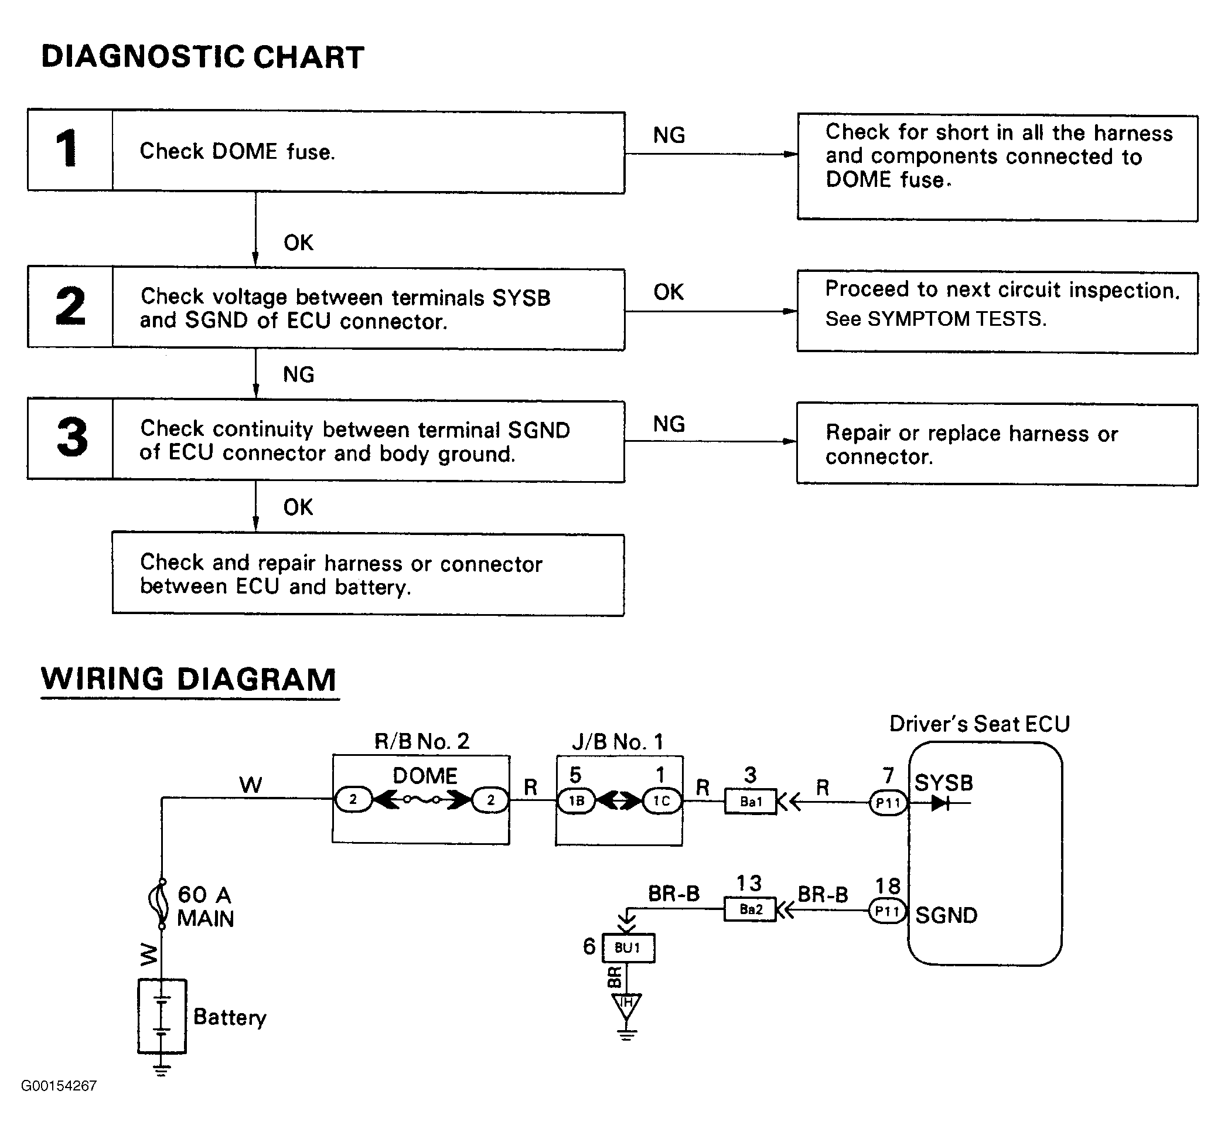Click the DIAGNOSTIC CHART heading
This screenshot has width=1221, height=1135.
pos(203,57)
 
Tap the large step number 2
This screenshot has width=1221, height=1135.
pos(70,305)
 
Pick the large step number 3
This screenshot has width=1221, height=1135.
pos(71,437)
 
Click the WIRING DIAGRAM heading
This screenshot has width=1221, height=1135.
pos(189,679)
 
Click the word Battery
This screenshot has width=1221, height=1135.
pos(230,1017)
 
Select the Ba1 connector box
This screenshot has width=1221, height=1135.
pos(751,802)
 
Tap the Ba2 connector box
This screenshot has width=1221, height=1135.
pos(751,909)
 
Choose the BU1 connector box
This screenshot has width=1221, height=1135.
pos(628,947)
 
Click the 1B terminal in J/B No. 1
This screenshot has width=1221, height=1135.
pos(576,801)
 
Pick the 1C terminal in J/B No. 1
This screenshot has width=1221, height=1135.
pos(661,801)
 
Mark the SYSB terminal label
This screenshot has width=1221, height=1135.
pos(944,783)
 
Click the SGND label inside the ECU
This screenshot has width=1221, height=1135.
pos(946,916)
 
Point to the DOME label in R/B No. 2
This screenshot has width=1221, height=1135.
pos(425,776)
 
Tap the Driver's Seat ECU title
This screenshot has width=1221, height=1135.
pos(980,724)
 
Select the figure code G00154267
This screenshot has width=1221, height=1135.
pos(59,1086)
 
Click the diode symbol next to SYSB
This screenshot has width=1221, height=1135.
pos(941,803)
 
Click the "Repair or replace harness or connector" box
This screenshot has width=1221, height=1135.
pos(997,445)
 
